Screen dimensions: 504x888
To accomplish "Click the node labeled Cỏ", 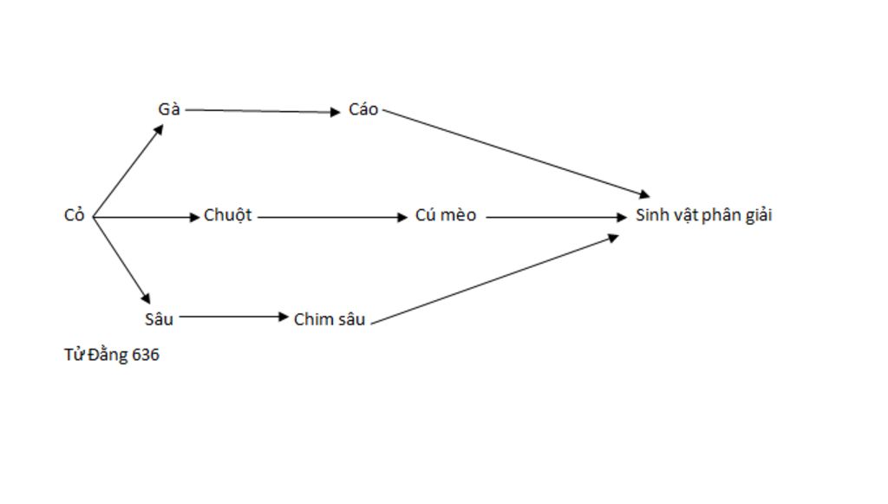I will (75, 215).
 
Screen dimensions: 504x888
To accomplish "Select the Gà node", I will (169, 109).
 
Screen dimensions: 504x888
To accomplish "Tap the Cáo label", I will (363, 109).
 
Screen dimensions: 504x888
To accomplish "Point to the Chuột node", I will (227, 215).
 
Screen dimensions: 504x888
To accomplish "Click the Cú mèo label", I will (446, 215).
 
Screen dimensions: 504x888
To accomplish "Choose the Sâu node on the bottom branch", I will (159, 318).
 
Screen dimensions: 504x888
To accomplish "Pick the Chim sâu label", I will (330, 319).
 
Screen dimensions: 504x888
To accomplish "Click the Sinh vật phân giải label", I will (703, 215).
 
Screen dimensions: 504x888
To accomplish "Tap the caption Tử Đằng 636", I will (111, 355).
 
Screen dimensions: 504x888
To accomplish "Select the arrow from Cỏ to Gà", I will (128, 170).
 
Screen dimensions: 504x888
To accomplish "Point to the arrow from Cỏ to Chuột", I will (146, 217).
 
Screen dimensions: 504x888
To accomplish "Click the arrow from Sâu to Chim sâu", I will (232, 317).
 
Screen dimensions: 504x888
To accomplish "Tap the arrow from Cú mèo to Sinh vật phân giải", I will (555, 217).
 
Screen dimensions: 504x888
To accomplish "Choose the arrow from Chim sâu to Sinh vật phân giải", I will (494, 278).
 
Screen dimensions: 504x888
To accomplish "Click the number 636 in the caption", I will (146, 355).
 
